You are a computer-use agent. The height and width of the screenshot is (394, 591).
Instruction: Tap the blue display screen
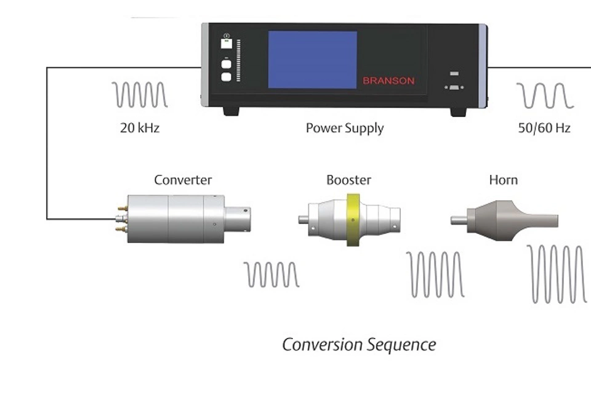312,59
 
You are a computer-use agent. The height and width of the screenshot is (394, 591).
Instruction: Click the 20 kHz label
140,128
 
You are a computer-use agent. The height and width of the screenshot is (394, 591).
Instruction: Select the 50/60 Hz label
544,128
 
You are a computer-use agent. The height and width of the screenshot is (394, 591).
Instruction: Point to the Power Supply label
344,128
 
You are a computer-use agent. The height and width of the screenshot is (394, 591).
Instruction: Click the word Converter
182,180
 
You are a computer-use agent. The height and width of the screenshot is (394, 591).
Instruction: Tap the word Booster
348,180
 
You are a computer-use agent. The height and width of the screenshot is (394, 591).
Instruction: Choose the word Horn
503,180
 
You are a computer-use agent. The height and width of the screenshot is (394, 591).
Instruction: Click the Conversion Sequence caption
359,345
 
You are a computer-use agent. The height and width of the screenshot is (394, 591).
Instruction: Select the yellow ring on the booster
353,220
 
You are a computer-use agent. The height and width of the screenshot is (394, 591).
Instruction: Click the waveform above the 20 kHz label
140,95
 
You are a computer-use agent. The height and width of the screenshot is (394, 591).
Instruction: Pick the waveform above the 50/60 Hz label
545,95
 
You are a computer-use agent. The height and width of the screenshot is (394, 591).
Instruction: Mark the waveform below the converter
271,275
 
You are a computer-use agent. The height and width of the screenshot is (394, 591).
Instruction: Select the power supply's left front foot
231,111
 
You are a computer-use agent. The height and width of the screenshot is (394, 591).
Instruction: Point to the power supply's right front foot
458,111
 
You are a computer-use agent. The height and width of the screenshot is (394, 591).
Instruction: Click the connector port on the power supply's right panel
454,87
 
